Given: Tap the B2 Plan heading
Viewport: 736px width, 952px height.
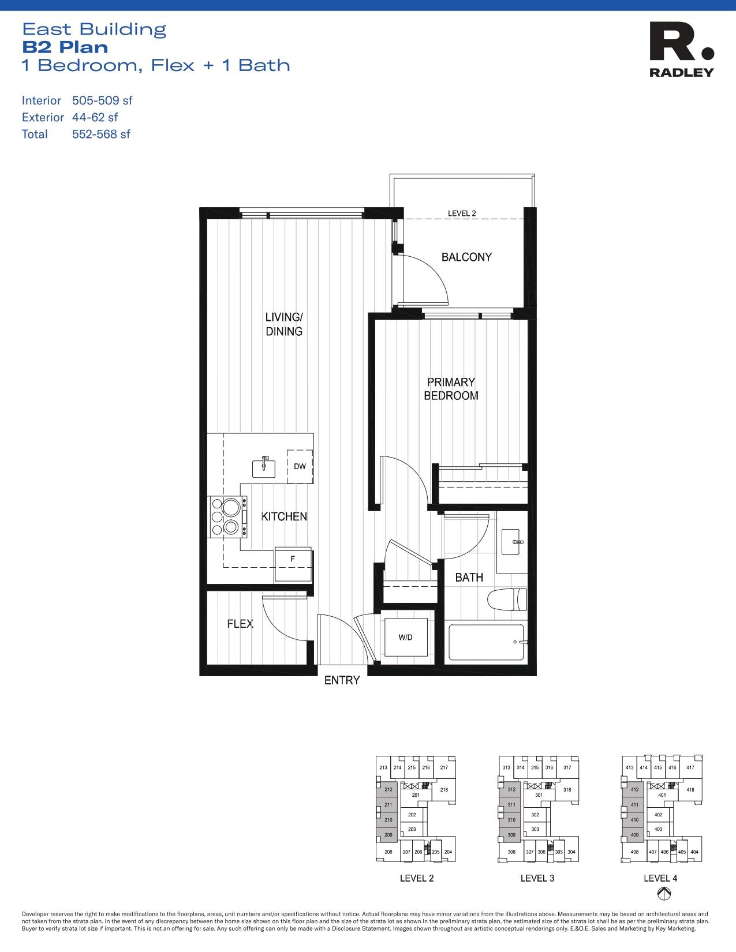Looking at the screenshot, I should click(x=65, y=47).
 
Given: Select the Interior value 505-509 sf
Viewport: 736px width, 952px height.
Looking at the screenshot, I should click(x=102, y=100).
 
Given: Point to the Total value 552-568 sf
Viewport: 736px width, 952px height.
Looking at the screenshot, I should click(x=101, y=134).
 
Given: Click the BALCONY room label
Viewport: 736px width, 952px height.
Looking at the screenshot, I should click(x=466, y=257).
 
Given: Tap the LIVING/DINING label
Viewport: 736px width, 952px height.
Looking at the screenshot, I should click(x=284, y=324).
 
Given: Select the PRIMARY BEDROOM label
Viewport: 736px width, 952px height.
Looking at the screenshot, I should click(x=451, y=389).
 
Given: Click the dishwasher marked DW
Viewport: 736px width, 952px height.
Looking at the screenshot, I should click(x=300, y=466).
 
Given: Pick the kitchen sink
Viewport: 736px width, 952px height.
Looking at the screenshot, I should click(x=264, y=467).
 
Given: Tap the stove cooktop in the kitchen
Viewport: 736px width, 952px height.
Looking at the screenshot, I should click(x=227, y=517).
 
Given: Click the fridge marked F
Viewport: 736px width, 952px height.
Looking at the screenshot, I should click(x=293, y=560).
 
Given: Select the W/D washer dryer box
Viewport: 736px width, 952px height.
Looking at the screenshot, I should click(x=405, y=638).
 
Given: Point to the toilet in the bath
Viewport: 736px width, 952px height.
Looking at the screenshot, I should click(x=508, y=601).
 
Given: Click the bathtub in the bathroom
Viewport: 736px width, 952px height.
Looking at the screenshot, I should click(x=486, y=642).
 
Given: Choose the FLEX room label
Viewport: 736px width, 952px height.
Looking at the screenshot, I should click(x=240, y=624).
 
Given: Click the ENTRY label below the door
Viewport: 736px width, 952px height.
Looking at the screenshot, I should click(x=342, y=680).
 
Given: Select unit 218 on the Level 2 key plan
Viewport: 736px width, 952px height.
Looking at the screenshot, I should click(x=444, y=790).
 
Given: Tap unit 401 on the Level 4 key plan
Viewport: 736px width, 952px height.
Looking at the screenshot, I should click(x=662, y=795).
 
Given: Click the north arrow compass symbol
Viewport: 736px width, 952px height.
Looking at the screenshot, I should click(x=664, y=894).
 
